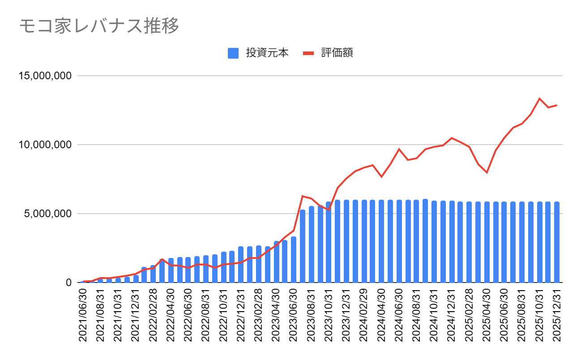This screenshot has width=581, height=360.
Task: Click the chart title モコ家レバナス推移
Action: point(99,26)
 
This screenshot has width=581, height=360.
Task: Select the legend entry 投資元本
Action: point(257,53)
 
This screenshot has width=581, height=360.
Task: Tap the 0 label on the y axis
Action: point(68,283)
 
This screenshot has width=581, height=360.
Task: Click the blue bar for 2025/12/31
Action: point(557,242)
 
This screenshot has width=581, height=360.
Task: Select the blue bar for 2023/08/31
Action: point(312,244)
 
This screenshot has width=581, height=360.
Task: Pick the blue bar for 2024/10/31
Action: point(434,242)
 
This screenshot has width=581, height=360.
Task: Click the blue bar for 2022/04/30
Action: point(171,270)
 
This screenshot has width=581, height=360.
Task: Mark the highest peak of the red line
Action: point(539,99)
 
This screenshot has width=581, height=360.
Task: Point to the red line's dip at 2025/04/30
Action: point(487,172)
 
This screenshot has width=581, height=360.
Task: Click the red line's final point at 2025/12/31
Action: point(557,105)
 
